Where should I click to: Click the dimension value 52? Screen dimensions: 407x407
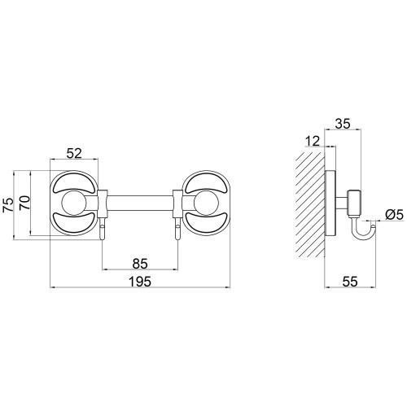pyautogui.click(x=74, y=154)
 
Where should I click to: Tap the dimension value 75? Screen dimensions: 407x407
pyautogui.click(x=8, y=205)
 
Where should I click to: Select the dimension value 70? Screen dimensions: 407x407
pyautogui.click(x=25, y=202)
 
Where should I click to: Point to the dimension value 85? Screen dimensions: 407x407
pyautogui.click(x=140, y=264)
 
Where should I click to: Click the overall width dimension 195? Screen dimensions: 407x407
pyautogui.click(x=140, y=282)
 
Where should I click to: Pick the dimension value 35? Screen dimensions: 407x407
pyautogui.click(x=343, y=124)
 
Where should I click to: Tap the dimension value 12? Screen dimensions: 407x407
pyautogui.click(x=313, y=142)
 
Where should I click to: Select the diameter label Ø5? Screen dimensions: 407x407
pyautogui.click(x=395, y=215)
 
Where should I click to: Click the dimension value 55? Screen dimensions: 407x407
pyautogui.click(x=350, y=282)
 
